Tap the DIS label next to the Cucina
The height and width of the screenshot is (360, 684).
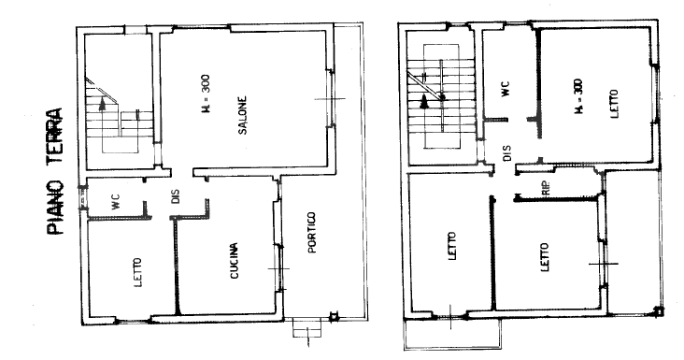click(175, 198)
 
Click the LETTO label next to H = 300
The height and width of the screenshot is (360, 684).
click(614, 102)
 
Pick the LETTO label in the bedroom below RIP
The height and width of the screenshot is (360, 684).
click(544, 254)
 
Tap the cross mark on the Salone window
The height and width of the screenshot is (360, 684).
click(331, 98)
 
